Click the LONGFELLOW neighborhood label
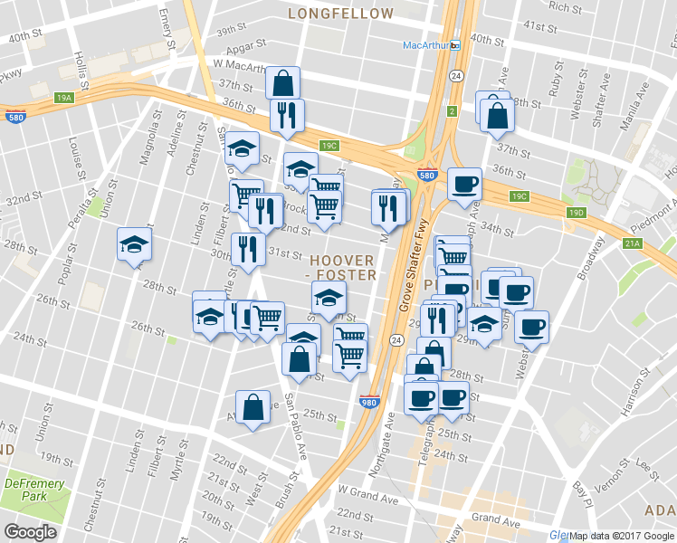(x=341, y=14)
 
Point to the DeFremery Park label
(x=34, y=491)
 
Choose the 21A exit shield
(x=631, y=243)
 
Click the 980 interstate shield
(x=369, y=404)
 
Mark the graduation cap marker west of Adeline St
(x=134, y=244)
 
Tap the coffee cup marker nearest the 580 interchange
(x=464, y=184)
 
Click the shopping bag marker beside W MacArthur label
(x=283, y=83)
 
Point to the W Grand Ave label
(x=367, y=499)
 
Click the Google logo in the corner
(x=31, y=531)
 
